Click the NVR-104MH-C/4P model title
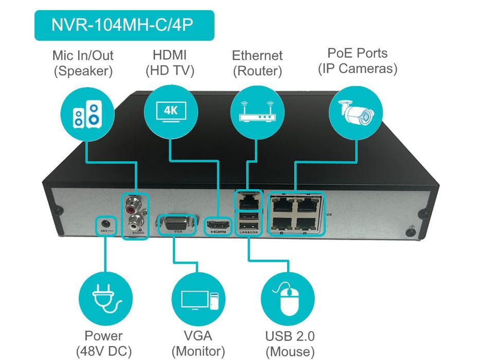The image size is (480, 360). (124, 25)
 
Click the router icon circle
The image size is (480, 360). (257, 112)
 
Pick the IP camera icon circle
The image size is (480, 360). (355, 112)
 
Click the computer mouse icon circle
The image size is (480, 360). (288, 299)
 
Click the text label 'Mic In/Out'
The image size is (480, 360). (83, 56)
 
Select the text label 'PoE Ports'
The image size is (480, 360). (357, 53)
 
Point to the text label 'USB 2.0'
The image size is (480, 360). (290, 336)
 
